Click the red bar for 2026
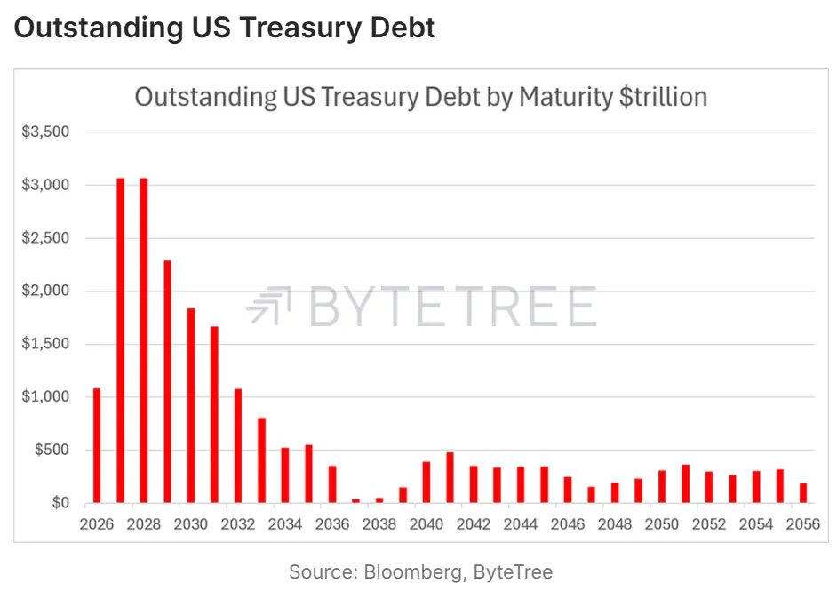tap(97, 445)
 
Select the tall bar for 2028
tap(144, 340)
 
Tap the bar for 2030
tap(190, 406)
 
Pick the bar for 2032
tap(238, 446)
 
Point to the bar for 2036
tap(332, 484)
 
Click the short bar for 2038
tap(379, 500)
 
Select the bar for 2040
tap(426, 482)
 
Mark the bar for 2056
tap(803, 493)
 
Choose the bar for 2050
tap(662, 487)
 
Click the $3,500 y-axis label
tap(45, 132)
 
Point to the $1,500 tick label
tap(45, 344)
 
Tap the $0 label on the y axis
tap(60, 503)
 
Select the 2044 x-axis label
tap(521, 524)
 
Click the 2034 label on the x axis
tap(285, 524)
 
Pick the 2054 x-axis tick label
tap(756, 524)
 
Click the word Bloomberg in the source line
tap(413, 572)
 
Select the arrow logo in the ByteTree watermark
tap(270, 305)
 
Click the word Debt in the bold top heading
tap(403, 28)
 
